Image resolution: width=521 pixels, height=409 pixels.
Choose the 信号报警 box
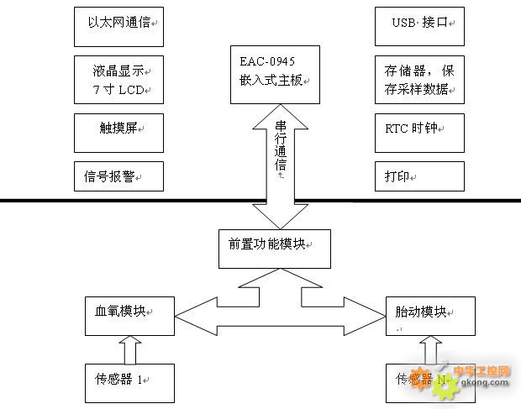[118, 176]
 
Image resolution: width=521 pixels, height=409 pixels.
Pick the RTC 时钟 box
[418, 130]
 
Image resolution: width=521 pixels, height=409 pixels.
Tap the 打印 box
[418, 177]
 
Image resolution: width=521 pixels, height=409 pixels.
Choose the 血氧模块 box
[129, 313]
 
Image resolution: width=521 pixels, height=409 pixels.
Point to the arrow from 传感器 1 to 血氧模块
[130, 347]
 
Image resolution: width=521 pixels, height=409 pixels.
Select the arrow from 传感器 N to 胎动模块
[429, 347]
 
